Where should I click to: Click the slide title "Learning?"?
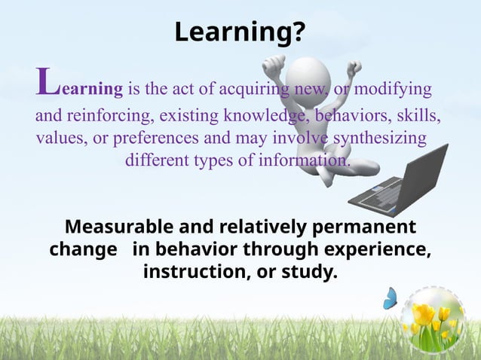coord(240,32)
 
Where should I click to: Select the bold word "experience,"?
coord(380,249)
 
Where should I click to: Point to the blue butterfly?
coord(390,298)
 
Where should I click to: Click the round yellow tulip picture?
coord(434,320)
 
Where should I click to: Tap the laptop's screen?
coord(423,178)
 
